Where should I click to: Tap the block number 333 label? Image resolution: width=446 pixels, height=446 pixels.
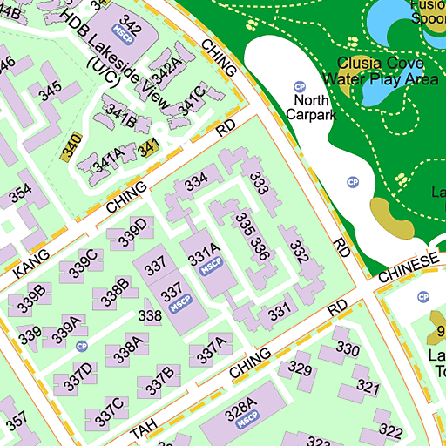[x=259, y=183]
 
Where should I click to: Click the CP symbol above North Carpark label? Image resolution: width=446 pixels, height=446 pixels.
[x=300, y=86]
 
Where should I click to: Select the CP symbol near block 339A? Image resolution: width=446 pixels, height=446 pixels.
[x=83, y=346]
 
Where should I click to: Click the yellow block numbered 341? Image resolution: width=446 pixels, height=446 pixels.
[x=149, y=145]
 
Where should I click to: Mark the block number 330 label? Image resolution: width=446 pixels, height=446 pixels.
[x=348, y=348]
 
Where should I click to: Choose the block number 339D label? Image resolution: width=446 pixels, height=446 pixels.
[x=136, y=233]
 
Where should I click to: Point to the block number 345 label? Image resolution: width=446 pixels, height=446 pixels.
[x=50, y=90]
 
